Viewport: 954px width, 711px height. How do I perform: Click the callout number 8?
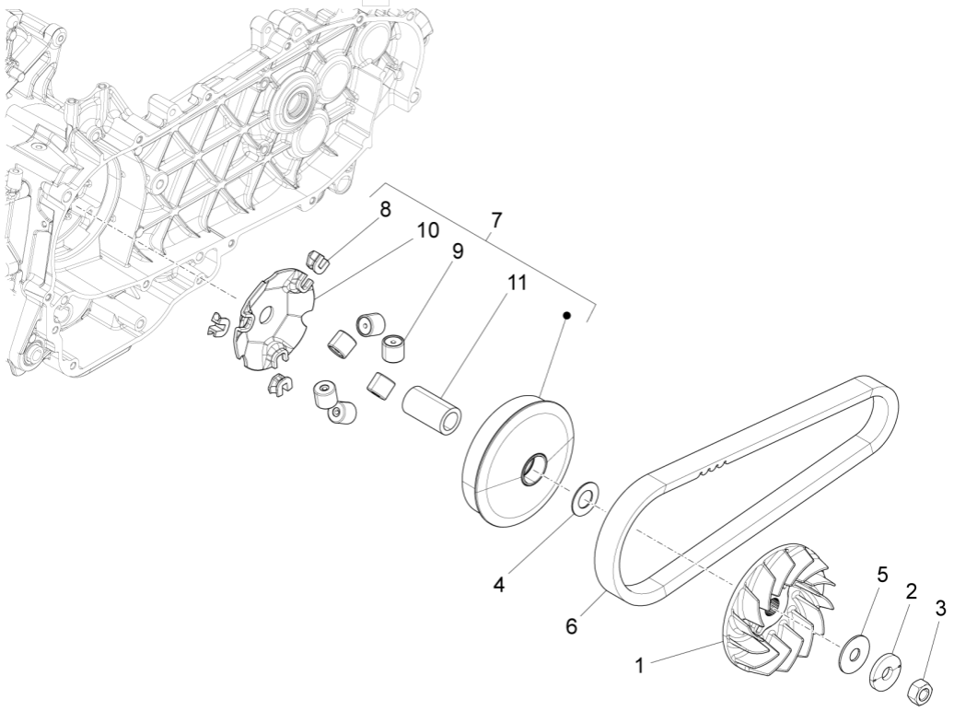tap(385, 209)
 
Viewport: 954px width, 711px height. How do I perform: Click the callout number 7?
tap(497, 221)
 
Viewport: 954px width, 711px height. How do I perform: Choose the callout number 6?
tap(572, 626)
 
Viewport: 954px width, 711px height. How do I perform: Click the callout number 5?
tap(881, 575)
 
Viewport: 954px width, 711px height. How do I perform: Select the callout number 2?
tap(910, 592)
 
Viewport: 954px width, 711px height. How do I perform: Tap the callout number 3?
tap(939, 608)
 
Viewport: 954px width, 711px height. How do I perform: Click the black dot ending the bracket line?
tap(568, 316)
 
